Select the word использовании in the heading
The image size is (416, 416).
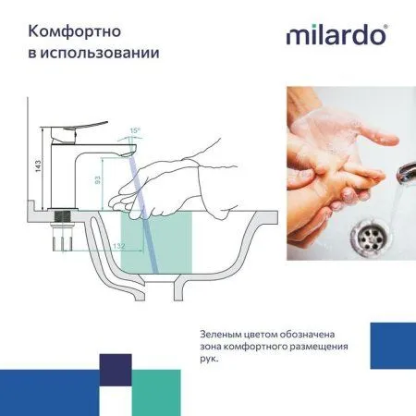tap(104, 52)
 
